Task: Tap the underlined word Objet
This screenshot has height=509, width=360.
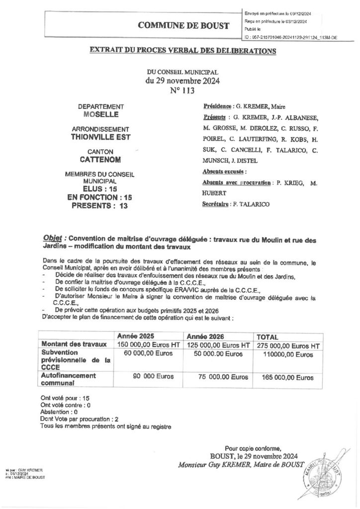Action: coord(53,239)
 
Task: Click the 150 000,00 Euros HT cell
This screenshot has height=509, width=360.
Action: coord(148,345)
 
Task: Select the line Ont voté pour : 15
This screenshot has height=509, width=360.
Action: coord(62,399)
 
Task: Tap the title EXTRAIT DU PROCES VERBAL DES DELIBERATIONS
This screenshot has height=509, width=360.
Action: coord(182,51)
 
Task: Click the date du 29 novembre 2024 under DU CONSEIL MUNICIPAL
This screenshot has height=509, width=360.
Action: coord(182,81)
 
